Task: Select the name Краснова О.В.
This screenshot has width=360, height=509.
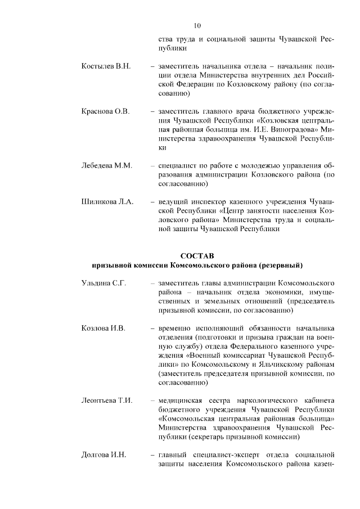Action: coord(105,111)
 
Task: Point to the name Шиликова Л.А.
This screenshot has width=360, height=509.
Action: coord(107,201)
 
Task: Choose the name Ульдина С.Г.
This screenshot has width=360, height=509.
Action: coord(103,283)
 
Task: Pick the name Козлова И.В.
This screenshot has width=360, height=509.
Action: coord(103,328)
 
